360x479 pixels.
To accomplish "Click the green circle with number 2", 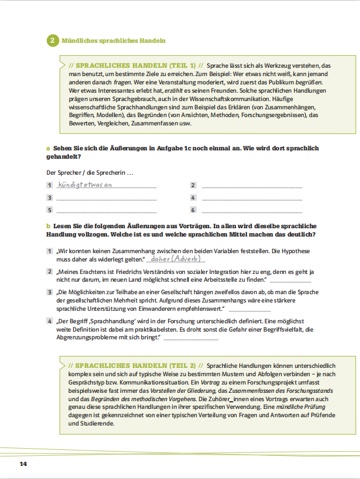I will [52, 40].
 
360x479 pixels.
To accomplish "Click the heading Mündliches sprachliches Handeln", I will [113, 40].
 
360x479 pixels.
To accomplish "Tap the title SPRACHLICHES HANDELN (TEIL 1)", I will [136, 65].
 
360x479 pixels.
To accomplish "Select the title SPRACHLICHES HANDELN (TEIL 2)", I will [136, 365].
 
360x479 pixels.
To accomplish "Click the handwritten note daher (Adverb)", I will [176, 259].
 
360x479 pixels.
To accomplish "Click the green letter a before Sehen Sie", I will [48, 148].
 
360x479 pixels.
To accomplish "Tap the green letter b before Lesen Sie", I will [48, 226].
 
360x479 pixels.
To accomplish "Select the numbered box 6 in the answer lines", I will [193, 210].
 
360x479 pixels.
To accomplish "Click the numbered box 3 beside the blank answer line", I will [50, 197].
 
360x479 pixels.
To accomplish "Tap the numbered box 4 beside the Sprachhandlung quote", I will [50, 321].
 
